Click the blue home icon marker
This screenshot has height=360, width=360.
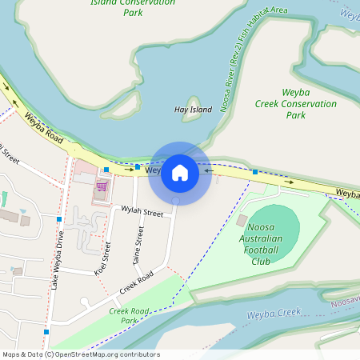[180, 172]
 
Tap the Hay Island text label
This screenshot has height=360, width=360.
[192, 109]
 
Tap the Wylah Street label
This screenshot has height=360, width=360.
[142, 212]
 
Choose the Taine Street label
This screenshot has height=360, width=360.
[138, 245]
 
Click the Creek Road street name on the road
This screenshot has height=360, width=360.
[136, 285]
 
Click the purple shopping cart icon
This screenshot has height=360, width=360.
[102, 186]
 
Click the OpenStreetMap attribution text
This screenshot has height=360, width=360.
[81, 354]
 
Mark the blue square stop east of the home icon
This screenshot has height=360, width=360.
[254, 171]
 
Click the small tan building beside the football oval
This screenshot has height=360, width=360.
[242, 220]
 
